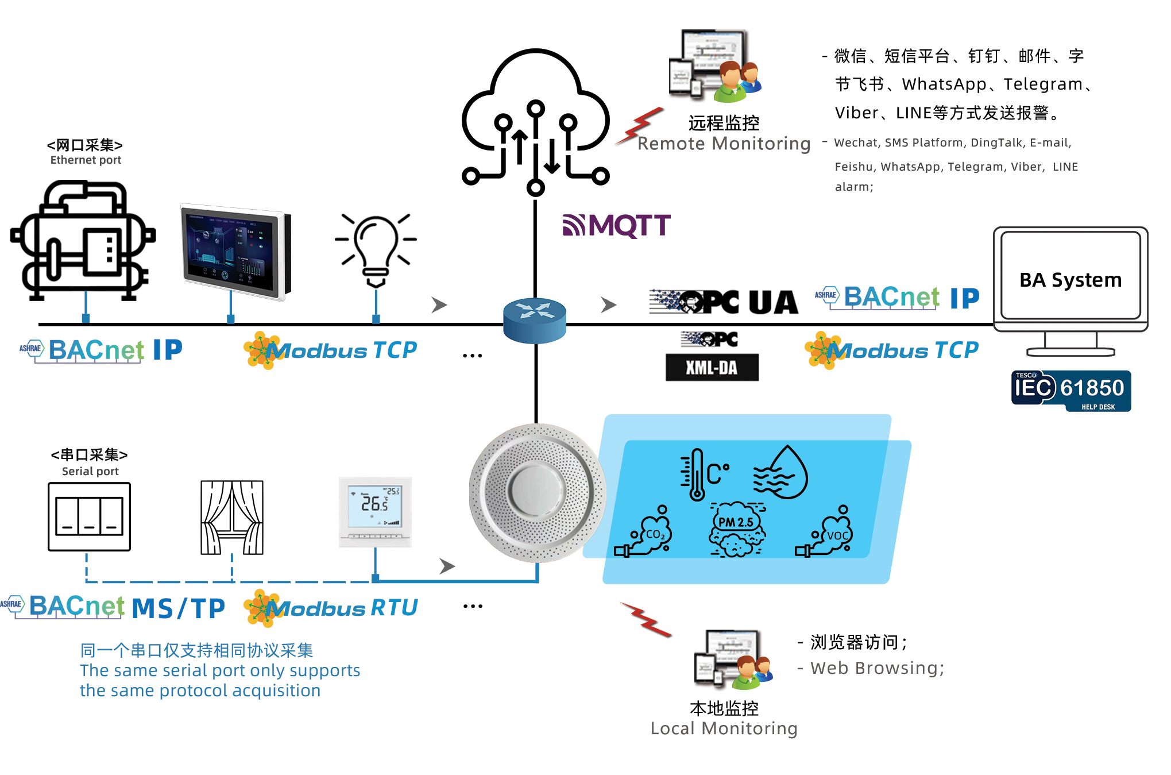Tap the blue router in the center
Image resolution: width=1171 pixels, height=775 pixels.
point(535,320)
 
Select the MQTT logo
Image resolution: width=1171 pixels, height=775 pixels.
point(617,225)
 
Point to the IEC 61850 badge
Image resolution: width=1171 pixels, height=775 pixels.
point(1071,390)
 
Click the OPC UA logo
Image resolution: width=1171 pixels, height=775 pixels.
point(724,302)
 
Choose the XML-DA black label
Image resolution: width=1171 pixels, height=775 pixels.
point(712,368)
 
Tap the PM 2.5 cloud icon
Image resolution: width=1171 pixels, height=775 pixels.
point(737,529)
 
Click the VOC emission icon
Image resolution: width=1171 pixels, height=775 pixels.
point(827,533)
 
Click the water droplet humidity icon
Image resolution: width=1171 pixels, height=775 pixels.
point(782,473)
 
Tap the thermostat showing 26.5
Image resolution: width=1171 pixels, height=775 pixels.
point(375,511)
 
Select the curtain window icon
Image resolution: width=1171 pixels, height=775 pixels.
point(232,517)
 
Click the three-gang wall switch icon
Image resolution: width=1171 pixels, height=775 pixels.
point(90,516)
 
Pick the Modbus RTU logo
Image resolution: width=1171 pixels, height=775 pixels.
point(332,608)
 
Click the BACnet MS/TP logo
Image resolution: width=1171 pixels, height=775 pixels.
point(115,607)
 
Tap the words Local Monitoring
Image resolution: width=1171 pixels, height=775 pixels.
point(724,728)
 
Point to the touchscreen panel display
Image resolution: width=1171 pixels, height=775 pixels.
point(235,251)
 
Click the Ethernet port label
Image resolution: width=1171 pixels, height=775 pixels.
point(86,160)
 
